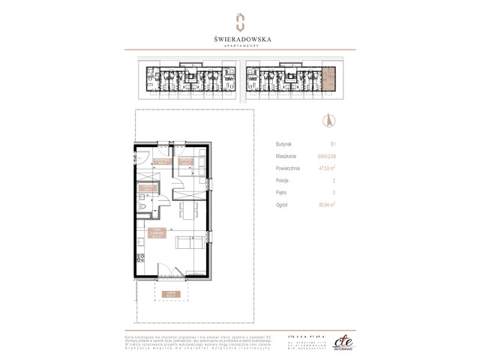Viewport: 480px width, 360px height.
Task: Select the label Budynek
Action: (x=284, y=143)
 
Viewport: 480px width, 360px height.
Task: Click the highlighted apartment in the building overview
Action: (x=330, y=76)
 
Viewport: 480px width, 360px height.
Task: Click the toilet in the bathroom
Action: (x=142, y=205)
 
